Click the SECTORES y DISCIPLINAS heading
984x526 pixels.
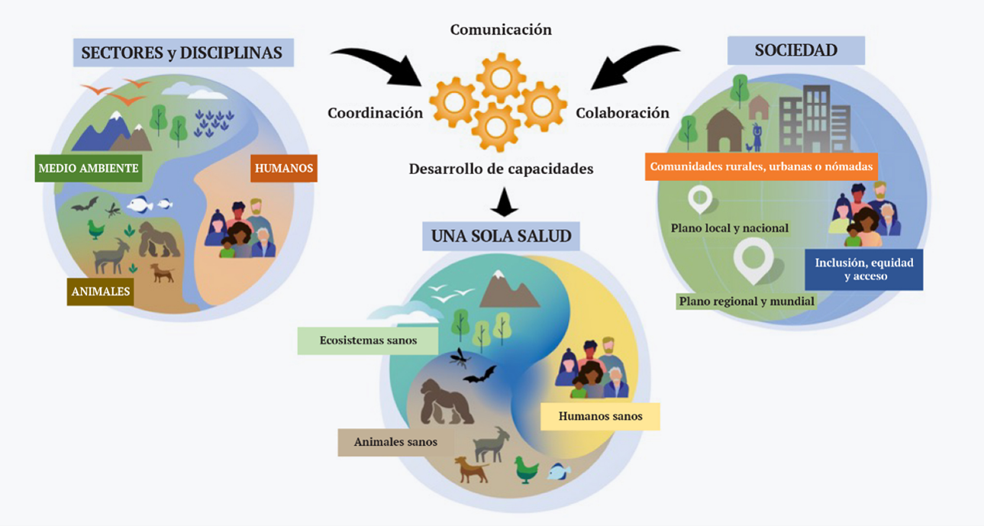coord(182,53)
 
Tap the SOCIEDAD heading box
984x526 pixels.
coord(795,50)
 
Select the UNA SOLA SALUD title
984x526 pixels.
coord(501,236)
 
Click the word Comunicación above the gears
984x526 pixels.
coord(501,30)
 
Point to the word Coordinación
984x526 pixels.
coord(375,113)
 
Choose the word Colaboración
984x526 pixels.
coord(622,113)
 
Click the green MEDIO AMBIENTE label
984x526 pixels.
coord(89,168)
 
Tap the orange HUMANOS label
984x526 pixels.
coord(283,168)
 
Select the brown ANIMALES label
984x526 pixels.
coord(100,291)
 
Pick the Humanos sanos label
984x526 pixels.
coord(600,416)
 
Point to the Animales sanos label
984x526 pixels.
coord(395,442)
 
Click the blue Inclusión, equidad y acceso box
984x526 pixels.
coord(863,269)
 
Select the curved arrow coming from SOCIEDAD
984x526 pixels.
coord(633,65)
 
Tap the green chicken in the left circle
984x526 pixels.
coord(96,228)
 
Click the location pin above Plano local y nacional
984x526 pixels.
coord(699,199)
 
